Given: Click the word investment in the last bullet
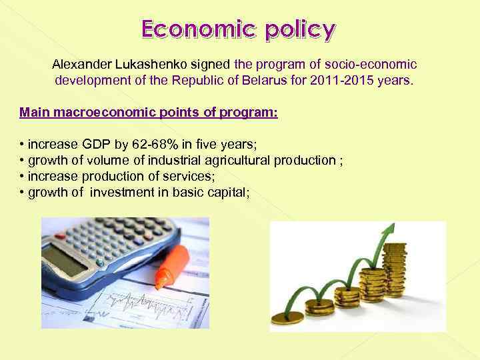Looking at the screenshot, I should [x=124, y=192].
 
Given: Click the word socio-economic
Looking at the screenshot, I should [x=371, y=65].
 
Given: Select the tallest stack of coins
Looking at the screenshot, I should [x=395, y=270].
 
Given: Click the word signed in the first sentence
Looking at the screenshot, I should [x=210, y=65].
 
